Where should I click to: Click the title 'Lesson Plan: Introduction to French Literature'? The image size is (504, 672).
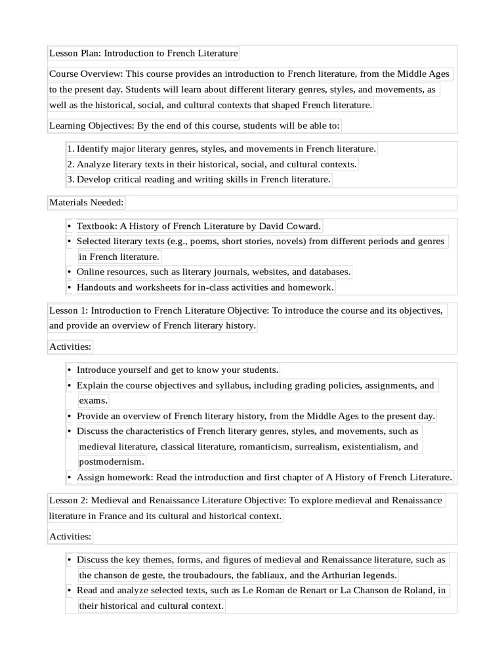click(143, 53)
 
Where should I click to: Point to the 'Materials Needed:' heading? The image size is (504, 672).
click(86, 202)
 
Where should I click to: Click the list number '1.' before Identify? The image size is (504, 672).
click(71, 149)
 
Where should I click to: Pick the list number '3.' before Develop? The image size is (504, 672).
click(71, 179)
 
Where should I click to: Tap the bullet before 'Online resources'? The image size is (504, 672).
click(69, 272)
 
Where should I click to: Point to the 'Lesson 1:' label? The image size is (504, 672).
click(68, 310)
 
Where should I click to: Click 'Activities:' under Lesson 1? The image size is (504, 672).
click(70, 346)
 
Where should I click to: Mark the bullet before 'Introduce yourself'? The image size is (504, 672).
click(69, 370)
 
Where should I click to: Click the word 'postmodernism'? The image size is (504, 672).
click(110, 461)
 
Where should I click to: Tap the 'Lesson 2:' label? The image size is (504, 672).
click(68, 501)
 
